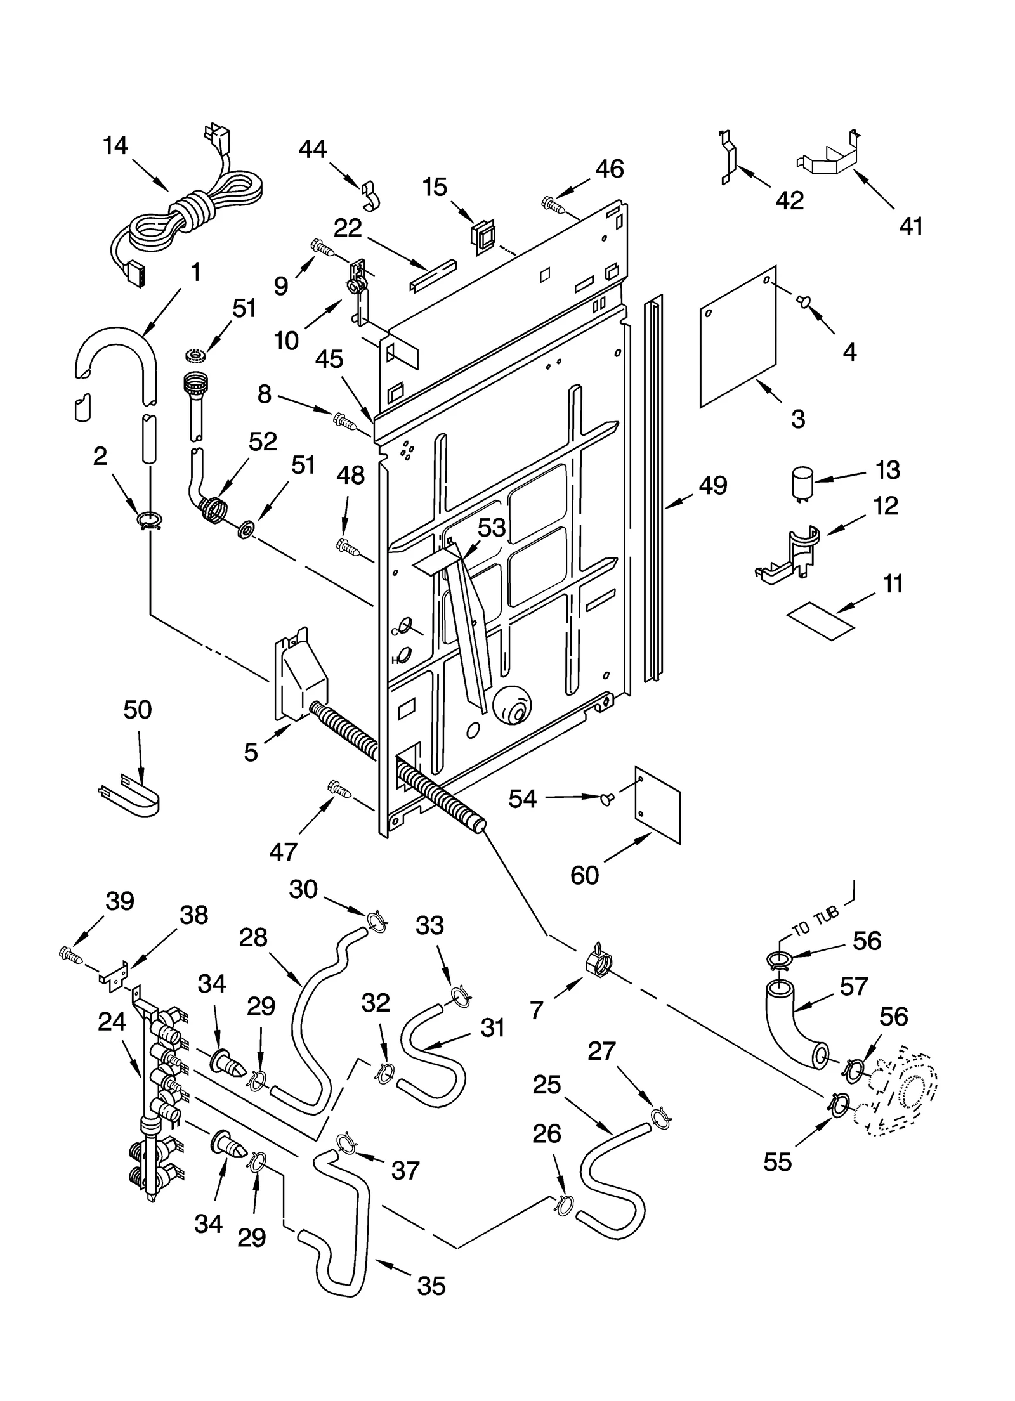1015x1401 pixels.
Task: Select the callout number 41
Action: [912, 226]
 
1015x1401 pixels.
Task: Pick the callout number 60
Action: [584, 875]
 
